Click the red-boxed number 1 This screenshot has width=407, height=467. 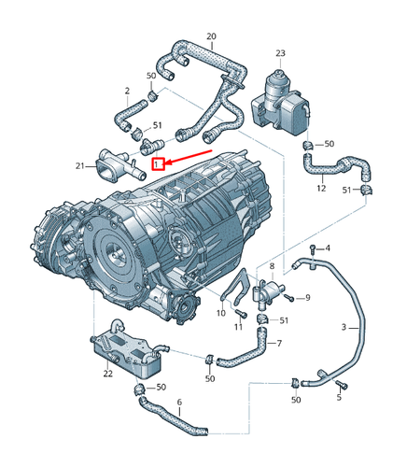click(159, 163)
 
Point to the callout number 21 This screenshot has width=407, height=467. click(79, 166)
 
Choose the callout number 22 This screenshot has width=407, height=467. click(107, 374)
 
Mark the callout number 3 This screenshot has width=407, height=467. click(344, 327)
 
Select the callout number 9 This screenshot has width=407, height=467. click(307, 298)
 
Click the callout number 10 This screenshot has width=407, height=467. click(220, 313)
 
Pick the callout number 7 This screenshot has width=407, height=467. click(279, 344)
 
